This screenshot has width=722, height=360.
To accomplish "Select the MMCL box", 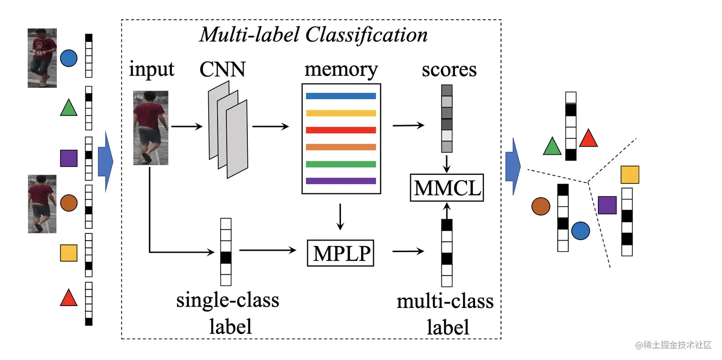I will (447, 188).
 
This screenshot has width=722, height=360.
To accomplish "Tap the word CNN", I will (223, 70).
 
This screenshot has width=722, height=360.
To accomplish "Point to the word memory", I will (341, 70).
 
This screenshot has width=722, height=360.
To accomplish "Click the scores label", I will (449, 70).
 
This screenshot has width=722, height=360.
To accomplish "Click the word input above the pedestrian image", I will (151, 70).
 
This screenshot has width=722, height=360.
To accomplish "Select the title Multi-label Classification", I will (313, 35).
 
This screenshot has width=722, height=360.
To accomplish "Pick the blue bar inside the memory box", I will (340, 96).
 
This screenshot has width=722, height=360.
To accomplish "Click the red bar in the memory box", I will (340, 130).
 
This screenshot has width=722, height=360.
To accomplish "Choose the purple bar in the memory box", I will (340, 181).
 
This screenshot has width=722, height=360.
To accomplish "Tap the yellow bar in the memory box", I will (340, 113).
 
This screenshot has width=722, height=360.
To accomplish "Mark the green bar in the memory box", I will (340, 164).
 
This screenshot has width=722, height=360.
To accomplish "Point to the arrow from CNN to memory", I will (270, 127).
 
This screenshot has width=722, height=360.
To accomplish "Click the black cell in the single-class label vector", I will (226, 257).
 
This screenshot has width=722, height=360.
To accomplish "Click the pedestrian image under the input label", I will (150, 128).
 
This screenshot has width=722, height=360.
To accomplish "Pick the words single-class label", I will (228, 313).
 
